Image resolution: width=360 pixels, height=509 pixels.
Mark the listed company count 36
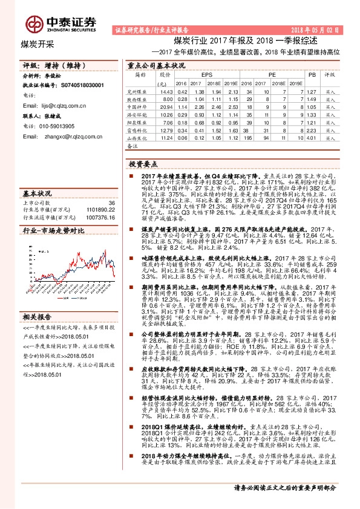coord(111,203)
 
